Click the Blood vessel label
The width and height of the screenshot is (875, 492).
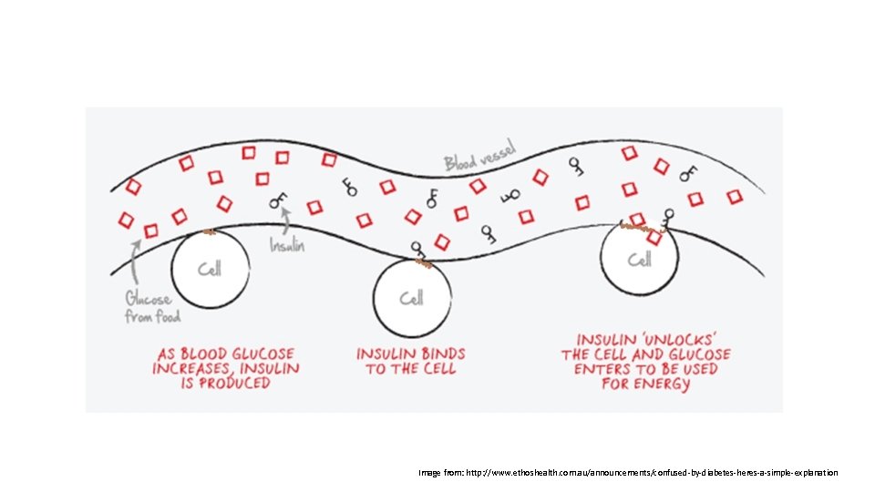[x=480, y=155]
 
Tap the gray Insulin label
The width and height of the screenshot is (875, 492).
[x=287, y=245]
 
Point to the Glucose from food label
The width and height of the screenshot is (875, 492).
[x=152, y=307]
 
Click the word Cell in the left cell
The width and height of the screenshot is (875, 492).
[x=211, y=270]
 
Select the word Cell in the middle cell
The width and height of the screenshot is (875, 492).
[x=412, y=298]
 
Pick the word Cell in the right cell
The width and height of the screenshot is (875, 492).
[x=641, y=260]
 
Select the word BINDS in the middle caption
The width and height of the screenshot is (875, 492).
[x=442, y=354]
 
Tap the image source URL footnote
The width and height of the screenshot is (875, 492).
[x=628, y=473]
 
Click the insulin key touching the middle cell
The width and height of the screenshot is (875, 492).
[x=418, y=249]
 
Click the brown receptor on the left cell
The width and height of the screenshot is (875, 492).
[x=209, y=232]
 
